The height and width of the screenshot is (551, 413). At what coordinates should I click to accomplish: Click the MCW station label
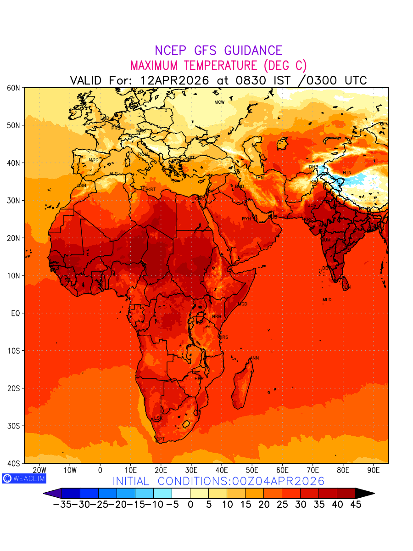pyautogui.click(x=219, y=102)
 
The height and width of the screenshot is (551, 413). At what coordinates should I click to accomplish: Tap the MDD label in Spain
pyautogui.click(x=94, y=160)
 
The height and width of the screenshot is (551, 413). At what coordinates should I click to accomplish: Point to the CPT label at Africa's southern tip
pyautogui.click(x=161, y=439)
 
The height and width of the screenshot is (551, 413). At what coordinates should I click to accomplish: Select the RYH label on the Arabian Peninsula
pyautogui.click(x=246, y=219)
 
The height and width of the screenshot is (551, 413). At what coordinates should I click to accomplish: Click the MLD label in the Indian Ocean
pyautogui.click(x=327, y=300)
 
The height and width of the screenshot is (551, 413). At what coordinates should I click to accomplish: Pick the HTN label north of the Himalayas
pyautogui.click(x=347, y=173)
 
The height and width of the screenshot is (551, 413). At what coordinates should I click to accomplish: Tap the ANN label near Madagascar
pyautogui.click(x=254, y=358)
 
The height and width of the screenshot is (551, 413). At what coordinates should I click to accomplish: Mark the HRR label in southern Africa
pyautogui.click(x=199, y=379)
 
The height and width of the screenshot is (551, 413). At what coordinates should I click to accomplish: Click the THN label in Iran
pyautogui.click(x=259, y=178)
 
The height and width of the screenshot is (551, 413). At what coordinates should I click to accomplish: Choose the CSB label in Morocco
pyautogui.click(x=82, y=186)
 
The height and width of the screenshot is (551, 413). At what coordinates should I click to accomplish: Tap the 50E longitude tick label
pyautogui.click(x=252, y=470)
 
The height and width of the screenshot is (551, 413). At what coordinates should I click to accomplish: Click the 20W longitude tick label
pyautogui.click(x=40, y=470)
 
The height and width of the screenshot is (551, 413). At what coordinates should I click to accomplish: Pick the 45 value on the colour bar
pyautogui.click(x=356, y=505)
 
